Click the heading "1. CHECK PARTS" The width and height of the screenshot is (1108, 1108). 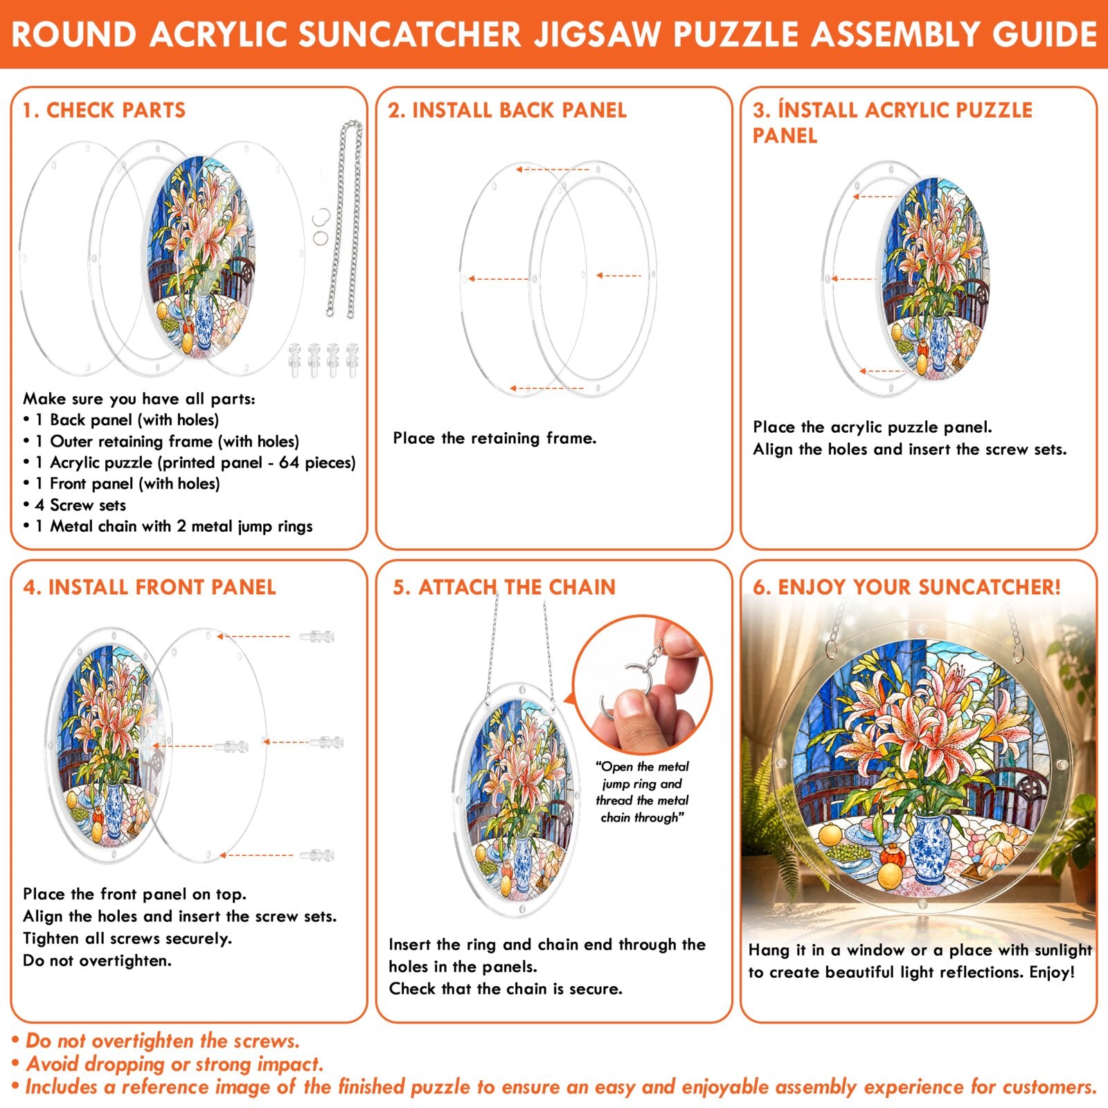104,110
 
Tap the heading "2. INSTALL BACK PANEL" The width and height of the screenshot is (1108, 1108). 507,110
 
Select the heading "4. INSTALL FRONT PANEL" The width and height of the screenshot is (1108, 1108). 150,587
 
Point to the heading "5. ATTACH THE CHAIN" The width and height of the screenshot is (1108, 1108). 504,587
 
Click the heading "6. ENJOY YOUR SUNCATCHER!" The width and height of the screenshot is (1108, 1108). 906,587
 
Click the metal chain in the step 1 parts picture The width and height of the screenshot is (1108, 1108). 344,218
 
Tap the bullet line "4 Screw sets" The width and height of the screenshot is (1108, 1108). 80,505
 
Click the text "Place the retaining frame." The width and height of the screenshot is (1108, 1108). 494,438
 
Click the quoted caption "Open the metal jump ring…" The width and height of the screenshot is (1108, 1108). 642,792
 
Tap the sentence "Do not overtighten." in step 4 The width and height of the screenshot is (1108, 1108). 97,960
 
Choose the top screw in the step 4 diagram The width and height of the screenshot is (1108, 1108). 318,636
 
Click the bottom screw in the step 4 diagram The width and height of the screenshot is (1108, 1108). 318,855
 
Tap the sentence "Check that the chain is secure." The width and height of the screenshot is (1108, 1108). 506,988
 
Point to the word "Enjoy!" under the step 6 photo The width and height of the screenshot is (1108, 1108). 1052,972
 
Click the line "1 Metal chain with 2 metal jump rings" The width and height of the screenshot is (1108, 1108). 168,526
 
